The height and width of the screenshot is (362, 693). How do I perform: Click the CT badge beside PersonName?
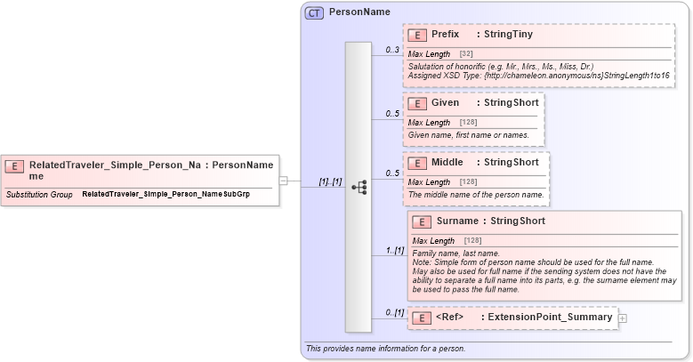315,13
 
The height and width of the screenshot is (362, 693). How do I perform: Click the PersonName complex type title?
359,12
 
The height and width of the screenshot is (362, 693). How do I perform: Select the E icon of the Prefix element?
416,35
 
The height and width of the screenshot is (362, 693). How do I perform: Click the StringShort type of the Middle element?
511,163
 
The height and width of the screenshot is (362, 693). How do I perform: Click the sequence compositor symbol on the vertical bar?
359,188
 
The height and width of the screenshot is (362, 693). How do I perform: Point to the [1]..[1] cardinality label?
330,181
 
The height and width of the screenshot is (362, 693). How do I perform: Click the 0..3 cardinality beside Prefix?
392,50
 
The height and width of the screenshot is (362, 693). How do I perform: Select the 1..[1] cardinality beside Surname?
393,251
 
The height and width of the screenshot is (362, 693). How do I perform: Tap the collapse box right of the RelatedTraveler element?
283,180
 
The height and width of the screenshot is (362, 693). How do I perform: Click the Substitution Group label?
39,194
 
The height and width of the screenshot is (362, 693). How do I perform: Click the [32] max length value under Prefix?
465,54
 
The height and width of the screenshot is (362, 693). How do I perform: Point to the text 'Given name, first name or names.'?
469,135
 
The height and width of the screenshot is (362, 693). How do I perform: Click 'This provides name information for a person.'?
384,348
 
